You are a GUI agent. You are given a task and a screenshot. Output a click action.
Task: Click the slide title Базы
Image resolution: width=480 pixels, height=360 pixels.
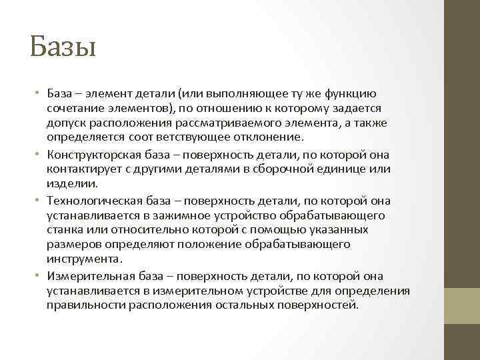coord(63,48)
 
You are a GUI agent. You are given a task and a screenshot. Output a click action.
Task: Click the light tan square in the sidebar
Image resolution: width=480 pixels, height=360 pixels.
coord(462,305)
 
